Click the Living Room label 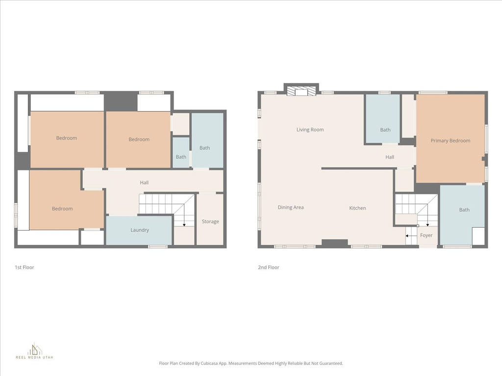pos(310,130)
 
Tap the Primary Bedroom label pos(450,141)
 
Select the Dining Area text pos(291,208)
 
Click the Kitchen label pos(357,208)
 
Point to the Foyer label pos(426,235)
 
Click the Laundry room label pos(139,230)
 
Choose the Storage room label pos(210,222)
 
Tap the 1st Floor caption pos(24,267)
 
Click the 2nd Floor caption pos(269,267)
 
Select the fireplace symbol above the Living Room pos(301,91)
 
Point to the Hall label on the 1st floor pos(144,183)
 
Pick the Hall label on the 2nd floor pos(390,157)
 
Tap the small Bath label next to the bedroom pos(181,157)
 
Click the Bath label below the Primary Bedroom pos(464,210)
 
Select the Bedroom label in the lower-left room pos(62,209)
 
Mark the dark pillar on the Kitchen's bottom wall pos(335,243)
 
